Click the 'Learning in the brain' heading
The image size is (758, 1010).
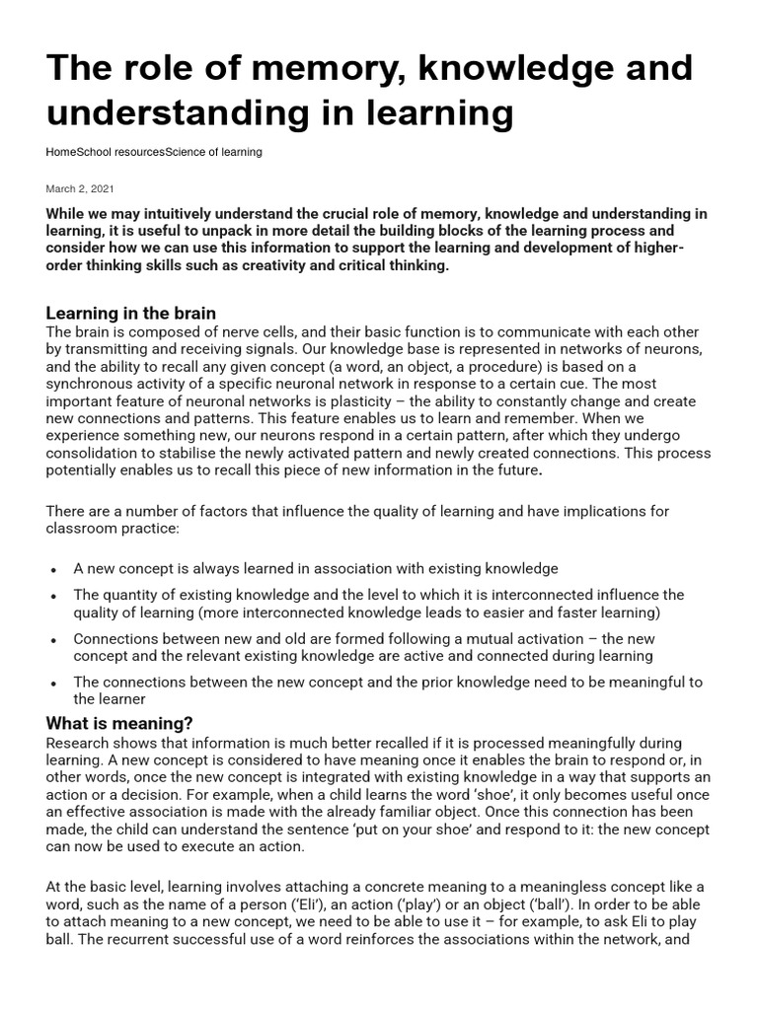tap(130, 314)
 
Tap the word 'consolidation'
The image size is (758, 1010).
tap(97, 455)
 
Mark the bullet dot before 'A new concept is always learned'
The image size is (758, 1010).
tap(51, 570)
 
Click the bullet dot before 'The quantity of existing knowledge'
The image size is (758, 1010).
tap(51, 596)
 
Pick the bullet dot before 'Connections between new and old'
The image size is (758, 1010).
tap(51, 639)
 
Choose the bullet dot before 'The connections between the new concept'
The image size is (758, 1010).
tap(51, 683)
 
